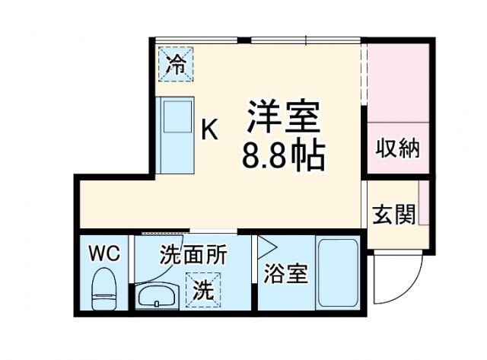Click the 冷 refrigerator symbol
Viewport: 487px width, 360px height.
tap(176, 64)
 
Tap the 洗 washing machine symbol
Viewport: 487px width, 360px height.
tap(201, 290)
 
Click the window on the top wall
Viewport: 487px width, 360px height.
tap(304, 40)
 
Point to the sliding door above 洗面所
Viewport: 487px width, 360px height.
tap(183, 232)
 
